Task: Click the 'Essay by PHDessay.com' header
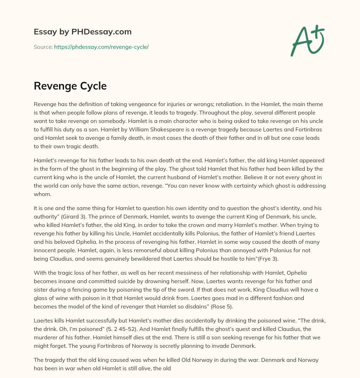pos(83,32)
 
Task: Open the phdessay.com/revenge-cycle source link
pos(101,47)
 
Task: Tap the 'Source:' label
pos(43,47)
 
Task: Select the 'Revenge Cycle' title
pos(70,86)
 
